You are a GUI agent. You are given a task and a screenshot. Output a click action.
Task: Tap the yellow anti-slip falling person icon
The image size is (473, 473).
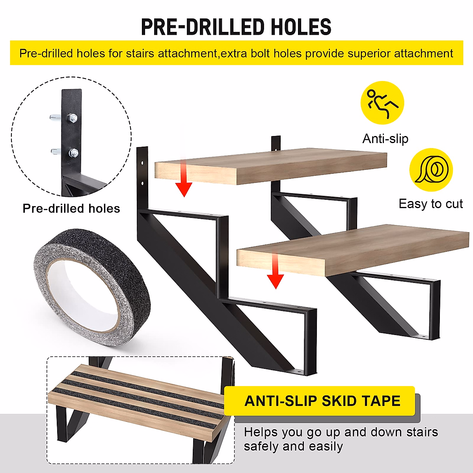click(382, 102)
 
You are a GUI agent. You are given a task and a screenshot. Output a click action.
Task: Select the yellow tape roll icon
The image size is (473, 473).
click(431, 170)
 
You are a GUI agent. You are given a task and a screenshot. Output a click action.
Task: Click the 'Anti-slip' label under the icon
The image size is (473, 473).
click(385, 139)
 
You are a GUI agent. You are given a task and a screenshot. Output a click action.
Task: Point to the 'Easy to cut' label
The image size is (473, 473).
click(430, 204)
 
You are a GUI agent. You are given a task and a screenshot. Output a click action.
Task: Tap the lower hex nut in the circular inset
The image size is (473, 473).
click(73, 153)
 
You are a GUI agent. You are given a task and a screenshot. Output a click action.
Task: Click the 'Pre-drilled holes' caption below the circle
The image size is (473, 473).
click(71, 209)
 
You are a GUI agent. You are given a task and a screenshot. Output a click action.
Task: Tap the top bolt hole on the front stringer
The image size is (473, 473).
click(143, 163)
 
